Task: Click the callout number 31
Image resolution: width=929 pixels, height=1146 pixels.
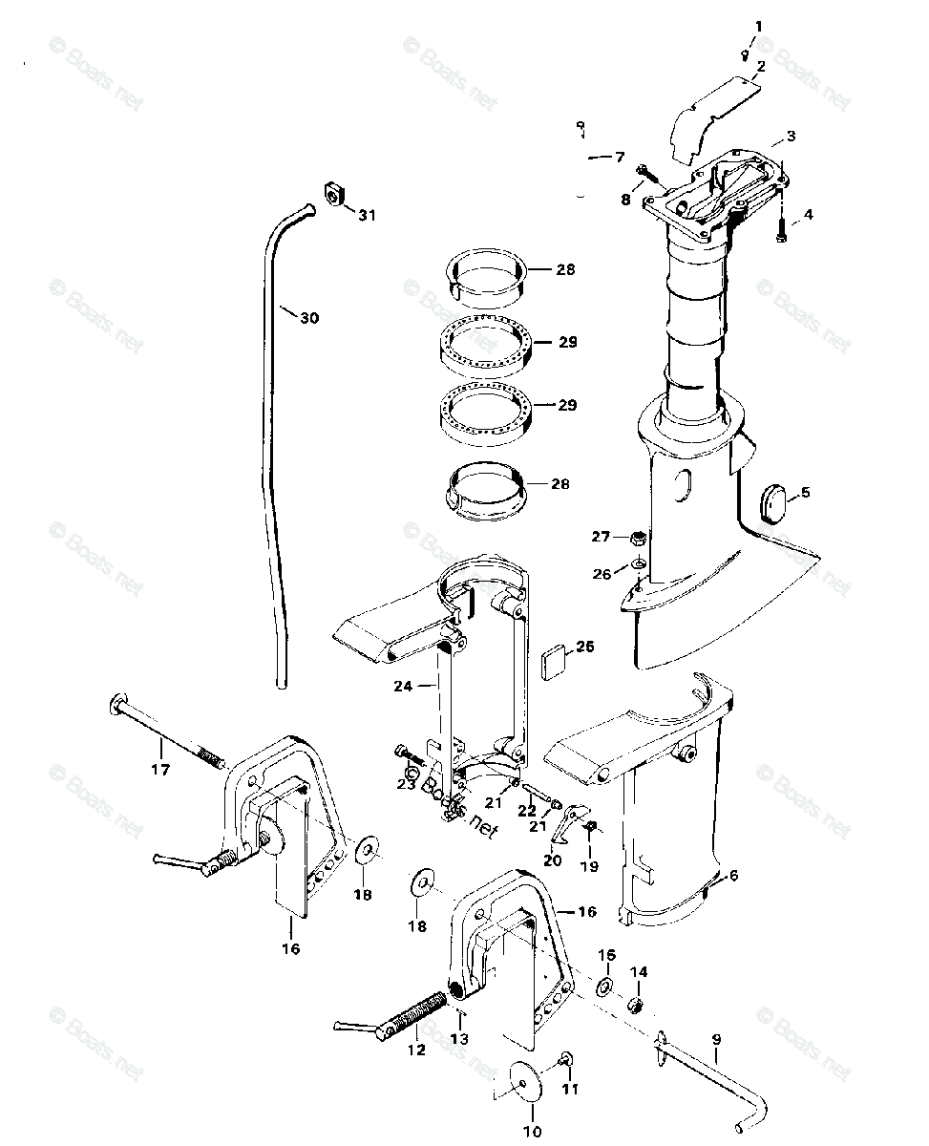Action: click(367, 216)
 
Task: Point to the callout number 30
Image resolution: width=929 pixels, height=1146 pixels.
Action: click(308, 318)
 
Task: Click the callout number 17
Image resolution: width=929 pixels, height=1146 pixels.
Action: click(160, 770)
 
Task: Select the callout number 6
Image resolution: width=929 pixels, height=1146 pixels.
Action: click(732, 875)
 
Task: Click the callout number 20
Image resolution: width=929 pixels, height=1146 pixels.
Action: click(553, 859)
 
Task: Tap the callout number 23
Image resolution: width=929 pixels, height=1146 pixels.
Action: click(406, 785)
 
